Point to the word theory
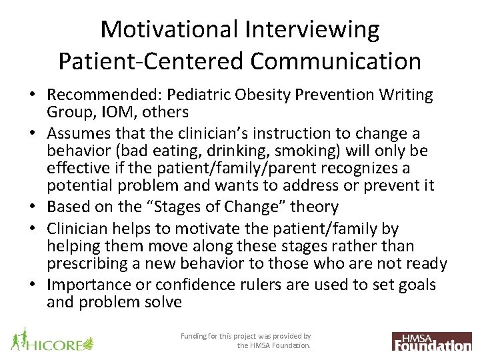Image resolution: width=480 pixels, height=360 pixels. (315, 207)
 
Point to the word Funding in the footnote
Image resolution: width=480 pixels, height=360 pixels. (195, 337)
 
